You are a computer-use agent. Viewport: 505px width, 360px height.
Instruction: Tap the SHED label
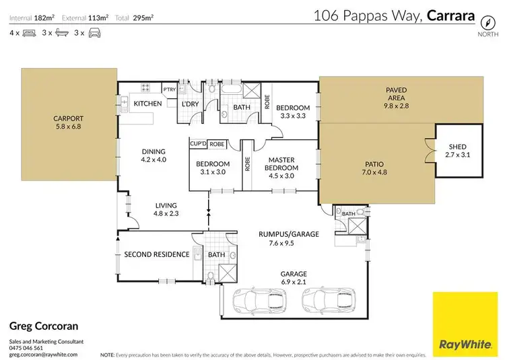coord(457,147)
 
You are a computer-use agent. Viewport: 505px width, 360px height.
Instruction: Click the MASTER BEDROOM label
coord(281,164)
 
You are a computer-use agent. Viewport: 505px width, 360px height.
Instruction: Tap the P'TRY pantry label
coord(169,89)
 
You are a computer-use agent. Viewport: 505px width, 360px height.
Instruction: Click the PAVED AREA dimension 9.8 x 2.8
coord(396,106)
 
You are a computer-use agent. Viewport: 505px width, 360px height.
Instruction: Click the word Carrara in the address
coord(451,15)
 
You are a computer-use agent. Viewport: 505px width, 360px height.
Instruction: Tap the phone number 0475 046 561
coord(26,348)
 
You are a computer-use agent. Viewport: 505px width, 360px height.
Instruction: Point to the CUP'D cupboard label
coord(198,144)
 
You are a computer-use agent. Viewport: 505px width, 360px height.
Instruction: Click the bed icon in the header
coord(29,32)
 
